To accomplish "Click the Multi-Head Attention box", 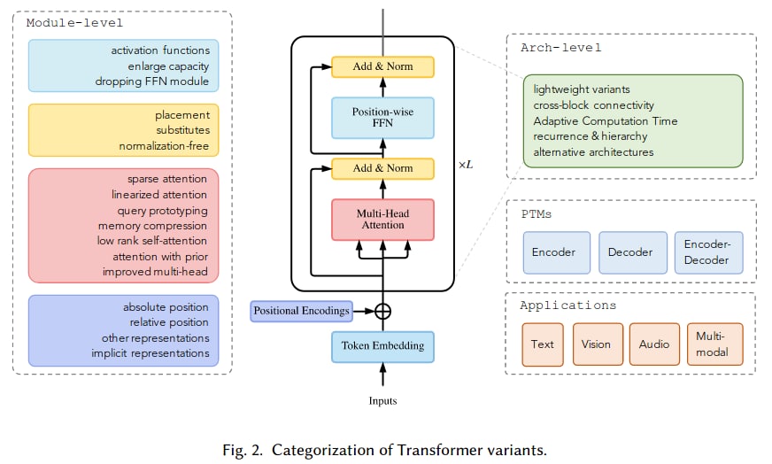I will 382,219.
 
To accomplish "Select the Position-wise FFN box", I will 382,118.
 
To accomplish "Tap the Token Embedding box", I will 382,345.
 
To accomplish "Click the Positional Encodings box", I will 301,311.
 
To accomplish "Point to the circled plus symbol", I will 382,311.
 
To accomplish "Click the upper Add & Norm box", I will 382,66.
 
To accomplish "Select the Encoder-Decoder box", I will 708,252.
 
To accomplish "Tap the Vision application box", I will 596,344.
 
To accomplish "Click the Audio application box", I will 653,344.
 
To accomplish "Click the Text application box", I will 543,344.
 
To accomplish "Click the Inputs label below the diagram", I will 382,401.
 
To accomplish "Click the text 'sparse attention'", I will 166,179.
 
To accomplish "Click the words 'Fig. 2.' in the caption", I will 243,450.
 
